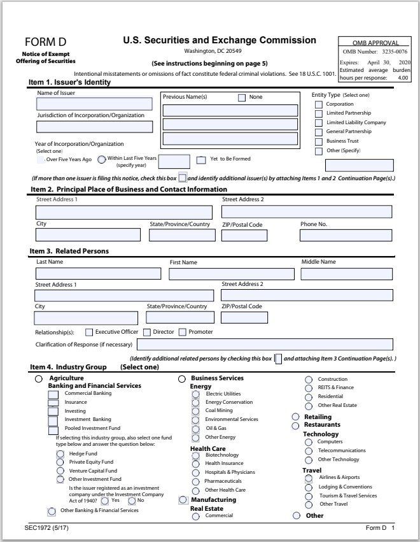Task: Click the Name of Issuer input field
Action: (x=94, y=104)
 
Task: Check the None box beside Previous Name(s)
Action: (x=242, y=97)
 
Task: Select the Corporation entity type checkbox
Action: (x=319, y=104)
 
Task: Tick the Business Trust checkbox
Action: (x=319, y=141)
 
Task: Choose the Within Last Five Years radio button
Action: (x=102, y=160)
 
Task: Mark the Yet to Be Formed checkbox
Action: (x=201, y=160)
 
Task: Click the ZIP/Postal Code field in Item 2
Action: (x=244, y=236)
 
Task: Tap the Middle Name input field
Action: (x=347, y=275)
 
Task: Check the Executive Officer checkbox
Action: (x=89, y=332)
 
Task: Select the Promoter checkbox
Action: (x=183, y=332)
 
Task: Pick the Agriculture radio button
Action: (x=39, y=379)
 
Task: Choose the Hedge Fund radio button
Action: (x=60, y=453)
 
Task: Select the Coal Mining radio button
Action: (x=195, y=411)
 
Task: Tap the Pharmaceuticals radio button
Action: (x=195, y=481)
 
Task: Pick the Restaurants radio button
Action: (x=295, y=424)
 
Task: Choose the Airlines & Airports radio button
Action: (x=309, y=478)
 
